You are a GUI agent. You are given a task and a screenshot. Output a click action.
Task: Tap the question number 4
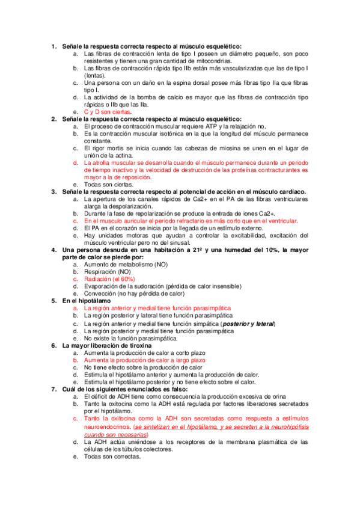pos(53,250)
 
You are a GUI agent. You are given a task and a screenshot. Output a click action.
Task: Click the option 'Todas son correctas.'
pos(116,456)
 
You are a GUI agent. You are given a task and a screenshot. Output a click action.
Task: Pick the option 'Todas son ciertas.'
pos(112,185)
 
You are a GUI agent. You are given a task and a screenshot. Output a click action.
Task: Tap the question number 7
pos(53,389)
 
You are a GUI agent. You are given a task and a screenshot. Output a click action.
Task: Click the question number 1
pos(53,46)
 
